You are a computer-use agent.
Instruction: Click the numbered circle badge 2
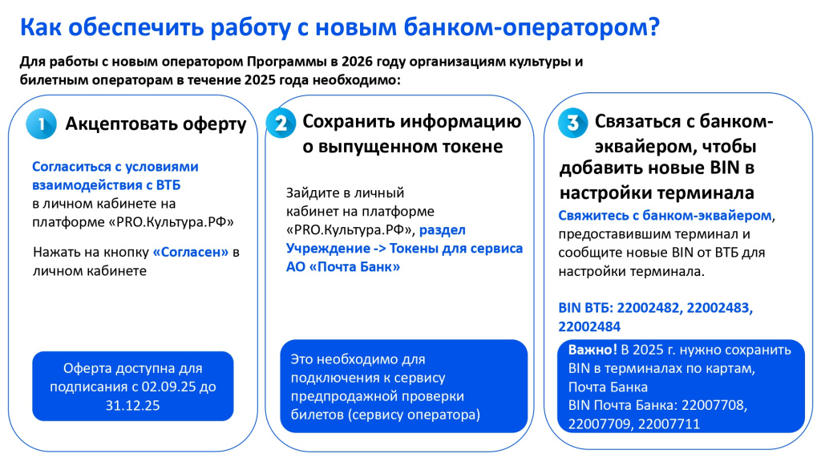[281, 124]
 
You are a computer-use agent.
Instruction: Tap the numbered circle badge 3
[572, 124]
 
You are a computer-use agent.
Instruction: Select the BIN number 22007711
[669, 423]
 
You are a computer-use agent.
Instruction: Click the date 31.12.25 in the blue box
[133, 406]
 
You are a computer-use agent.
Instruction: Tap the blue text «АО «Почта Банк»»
[343, 267]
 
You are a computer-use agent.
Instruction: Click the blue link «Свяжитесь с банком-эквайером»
[665, 216]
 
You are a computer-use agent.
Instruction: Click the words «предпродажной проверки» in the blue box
[377, 396]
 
